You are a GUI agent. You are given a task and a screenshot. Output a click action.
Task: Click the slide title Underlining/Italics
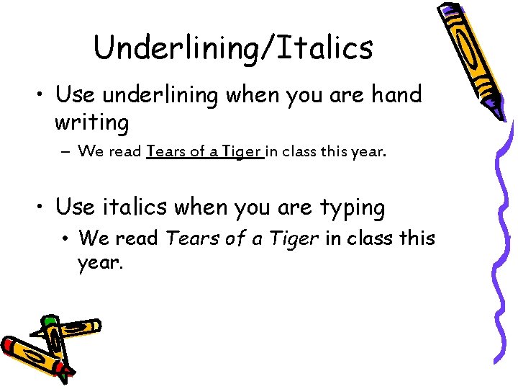click(233, 48)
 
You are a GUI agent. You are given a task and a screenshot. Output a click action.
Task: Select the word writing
click(91, 123)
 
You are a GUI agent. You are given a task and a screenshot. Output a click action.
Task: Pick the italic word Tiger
click(294, 238)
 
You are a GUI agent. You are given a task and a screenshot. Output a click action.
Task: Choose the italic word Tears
click(188, 238)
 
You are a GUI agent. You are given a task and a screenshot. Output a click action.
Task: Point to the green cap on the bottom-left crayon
click(50, 321)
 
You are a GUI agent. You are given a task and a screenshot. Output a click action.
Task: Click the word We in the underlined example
click(91, 152)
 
